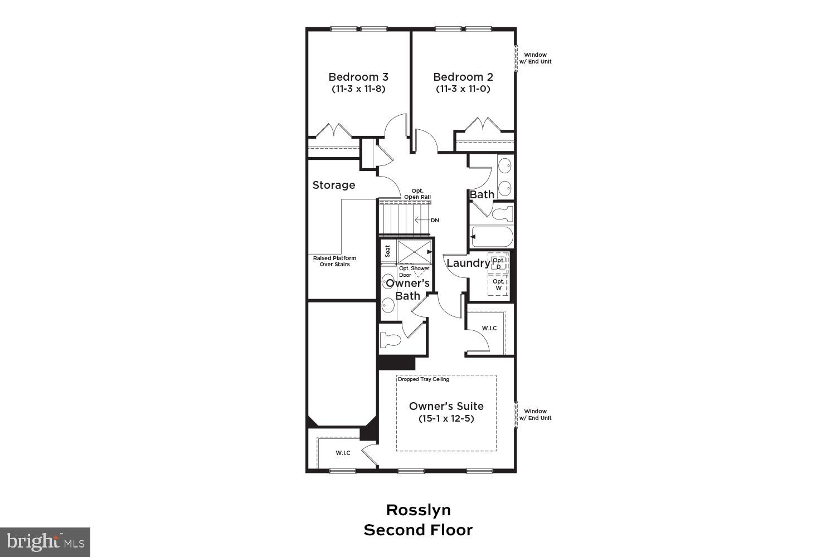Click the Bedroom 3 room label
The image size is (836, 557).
click(358, 77)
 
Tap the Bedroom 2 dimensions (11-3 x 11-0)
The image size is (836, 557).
click(463, 89)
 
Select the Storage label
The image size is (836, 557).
click(333, 185)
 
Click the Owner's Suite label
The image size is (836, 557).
click(446, 406)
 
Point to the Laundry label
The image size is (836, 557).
click(468, 263)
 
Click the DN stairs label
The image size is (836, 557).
click(435, 221)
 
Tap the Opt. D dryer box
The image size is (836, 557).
click(498, 263)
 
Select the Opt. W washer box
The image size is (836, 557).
click(498, 285)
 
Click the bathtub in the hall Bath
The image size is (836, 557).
click(492, 237)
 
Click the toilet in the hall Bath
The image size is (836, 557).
click(502, 213)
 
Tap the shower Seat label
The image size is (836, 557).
click(388, 252)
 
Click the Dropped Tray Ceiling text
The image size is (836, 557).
click(423, 379)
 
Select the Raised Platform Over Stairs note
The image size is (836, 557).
click(334, 261)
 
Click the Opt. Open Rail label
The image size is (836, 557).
click(421, 194)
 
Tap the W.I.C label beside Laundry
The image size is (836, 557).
click(489, 328)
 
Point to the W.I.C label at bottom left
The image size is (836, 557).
click(343, 453)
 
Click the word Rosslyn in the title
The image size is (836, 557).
click(418, 510)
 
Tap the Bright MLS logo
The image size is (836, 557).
click(45, 541)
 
